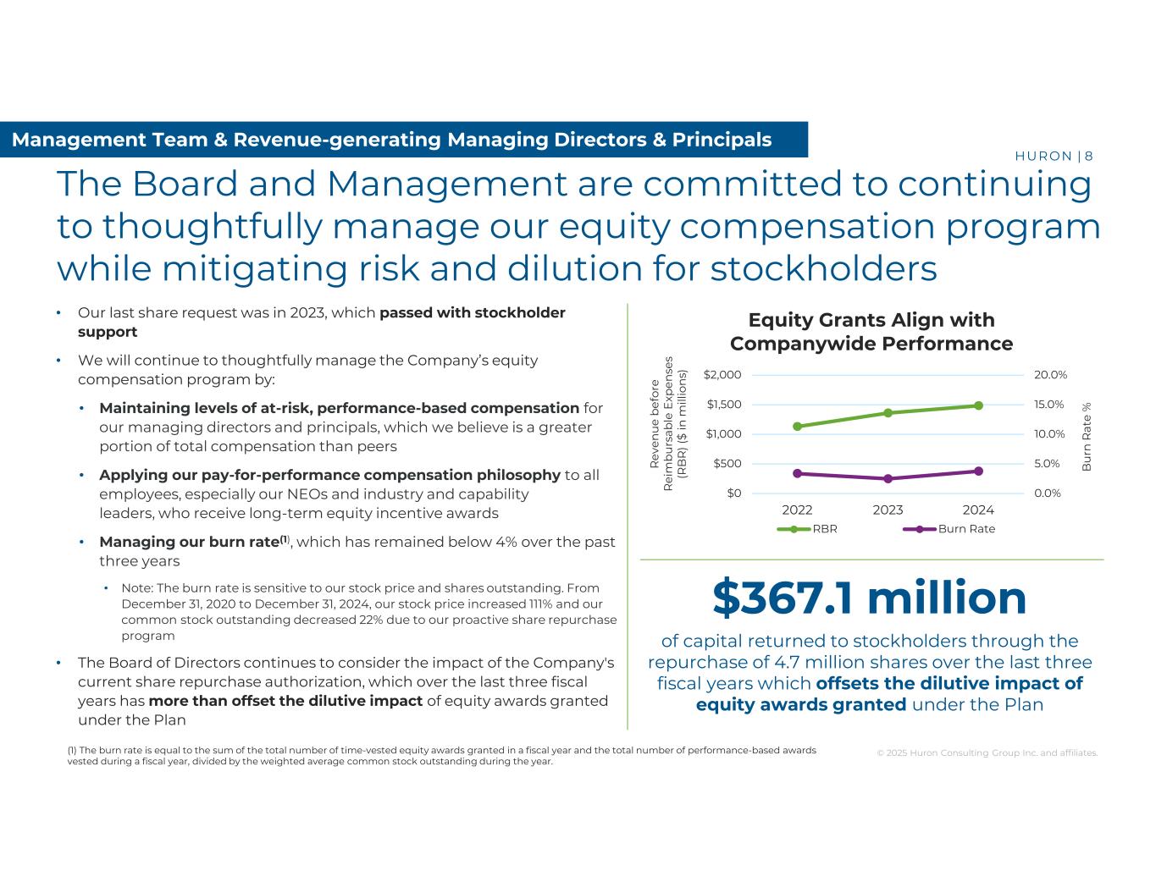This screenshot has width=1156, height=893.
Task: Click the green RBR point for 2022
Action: coord(797,427)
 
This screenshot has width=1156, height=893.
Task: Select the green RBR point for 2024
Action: coord(978,405)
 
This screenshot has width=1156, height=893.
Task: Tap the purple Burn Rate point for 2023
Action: coord(888,479)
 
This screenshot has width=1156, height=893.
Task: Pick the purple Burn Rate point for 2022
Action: coord(797,473)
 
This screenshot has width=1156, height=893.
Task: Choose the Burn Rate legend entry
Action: coord(949,529)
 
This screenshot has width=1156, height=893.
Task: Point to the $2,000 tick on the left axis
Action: coord(722,375)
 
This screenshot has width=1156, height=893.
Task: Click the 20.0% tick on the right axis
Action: coord(1050,375)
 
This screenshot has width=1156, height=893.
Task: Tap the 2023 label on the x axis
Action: coord(888,510)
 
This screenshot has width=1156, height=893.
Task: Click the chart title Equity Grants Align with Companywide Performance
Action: coord(871,332)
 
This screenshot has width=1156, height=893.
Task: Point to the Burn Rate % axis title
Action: coord(1087,436)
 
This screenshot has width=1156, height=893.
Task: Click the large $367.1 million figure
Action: coord(869,598)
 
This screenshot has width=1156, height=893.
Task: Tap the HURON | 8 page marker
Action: coord(1053,156)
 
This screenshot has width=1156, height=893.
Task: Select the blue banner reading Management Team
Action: coord(391,140)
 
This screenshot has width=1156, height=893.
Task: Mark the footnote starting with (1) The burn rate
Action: coord(441,755)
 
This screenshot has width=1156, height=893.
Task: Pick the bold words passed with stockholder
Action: coord(473,313)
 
